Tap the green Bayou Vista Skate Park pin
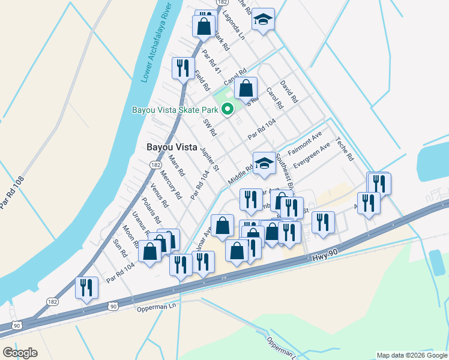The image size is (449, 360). [228, 109]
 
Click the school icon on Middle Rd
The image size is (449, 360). [264, 163]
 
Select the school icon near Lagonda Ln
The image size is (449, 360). [262, 20]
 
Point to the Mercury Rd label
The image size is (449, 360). [171, 186]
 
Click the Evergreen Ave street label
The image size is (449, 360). [312, 156]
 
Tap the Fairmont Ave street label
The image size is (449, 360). [305, 145]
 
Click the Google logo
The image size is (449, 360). [20, 352]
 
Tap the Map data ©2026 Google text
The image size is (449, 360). [411, 355]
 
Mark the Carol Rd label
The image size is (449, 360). [274, 98]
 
